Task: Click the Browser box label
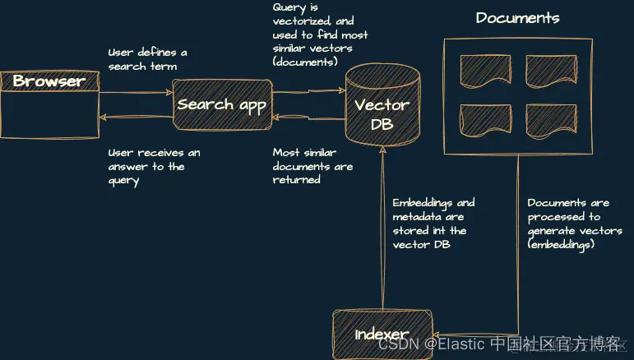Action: [x=49, y=81]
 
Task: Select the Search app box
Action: [x=222, y=104]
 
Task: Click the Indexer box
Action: [x=382, y=334]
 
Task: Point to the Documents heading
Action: [x=517, y=18]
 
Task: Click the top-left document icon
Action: [x=484, y=72]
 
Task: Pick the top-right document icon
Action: [x=550, y=72]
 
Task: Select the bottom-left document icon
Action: [x=484, y=121]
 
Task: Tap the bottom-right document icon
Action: [x=550, y=121]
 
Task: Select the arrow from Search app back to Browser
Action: [x=136, y=118]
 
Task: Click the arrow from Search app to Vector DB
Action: [x=308, y=91]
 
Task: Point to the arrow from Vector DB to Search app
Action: [x=308, y=118]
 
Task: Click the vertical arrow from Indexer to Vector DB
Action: [x=382, y=230]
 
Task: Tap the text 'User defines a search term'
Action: [x=147, y=59]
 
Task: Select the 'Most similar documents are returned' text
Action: [x=312, y=166]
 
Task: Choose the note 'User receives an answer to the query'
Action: [x=154, y=166]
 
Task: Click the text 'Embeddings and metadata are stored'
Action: [x=433, y=224]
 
